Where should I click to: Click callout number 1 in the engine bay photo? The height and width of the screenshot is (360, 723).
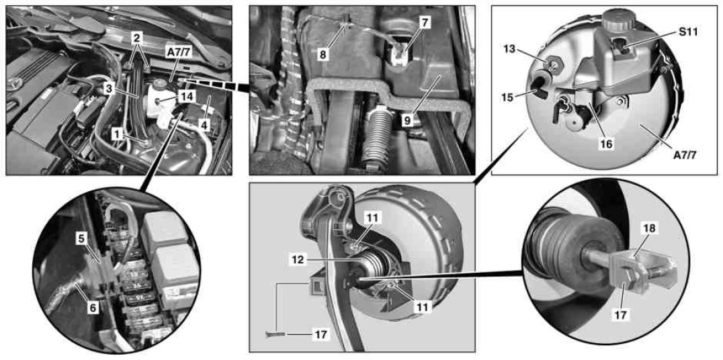(x=118, y=134)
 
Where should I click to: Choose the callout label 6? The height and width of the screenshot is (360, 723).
(x=93, y=308)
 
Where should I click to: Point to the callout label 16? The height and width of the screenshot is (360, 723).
(x=607, y=144)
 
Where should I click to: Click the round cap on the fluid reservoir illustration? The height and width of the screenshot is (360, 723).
(x=616, y=19)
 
